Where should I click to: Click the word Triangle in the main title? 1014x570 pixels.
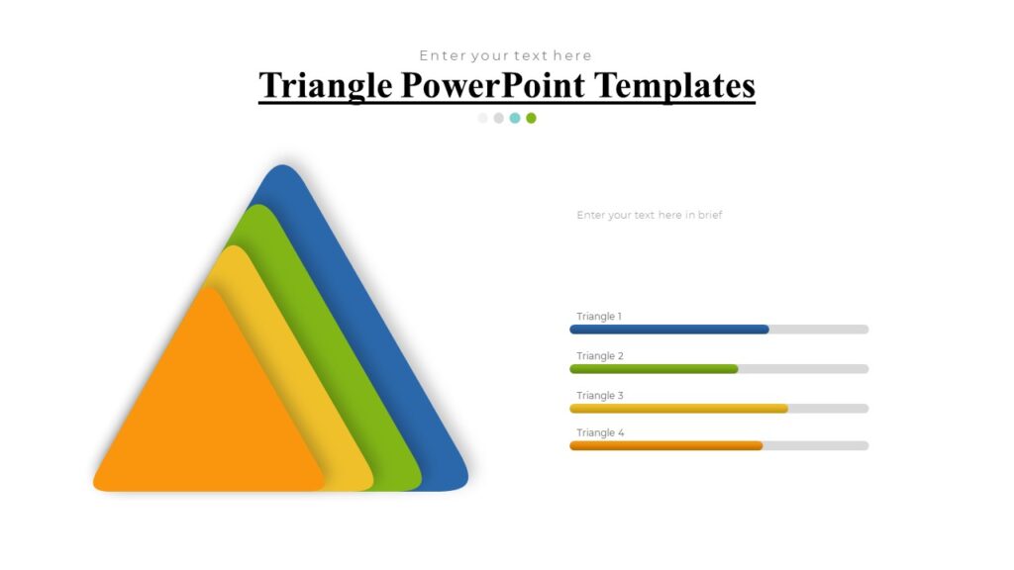pos(326,86)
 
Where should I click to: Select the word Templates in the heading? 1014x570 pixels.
pos(675,86)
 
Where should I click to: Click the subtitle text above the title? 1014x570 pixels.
pos(505,55)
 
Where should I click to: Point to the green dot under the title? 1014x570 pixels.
pos(531,118)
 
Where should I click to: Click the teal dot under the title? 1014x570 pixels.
pos(515,118)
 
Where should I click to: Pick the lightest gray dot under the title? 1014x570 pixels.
pos(482,118)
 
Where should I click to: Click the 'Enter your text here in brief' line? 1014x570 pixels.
pos(650,215)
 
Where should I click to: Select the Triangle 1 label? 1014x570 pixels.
pos(599,317)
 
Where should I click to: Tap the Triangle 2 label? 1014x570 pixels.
pos(600,356)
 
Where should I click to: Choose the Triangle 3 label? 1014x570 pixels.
pos(600,396)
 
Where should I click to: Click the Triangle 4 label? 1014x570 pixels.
pos(600,433)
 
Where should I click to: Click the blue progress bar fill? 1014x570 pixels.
pos(668,330)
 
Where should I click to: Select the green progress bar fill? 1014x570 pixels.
pos(654,369)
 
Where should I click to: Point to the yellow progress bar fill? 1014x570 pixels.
pos(678,408)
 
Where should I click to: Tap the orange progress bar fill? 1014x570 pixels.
pos(665,446)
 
